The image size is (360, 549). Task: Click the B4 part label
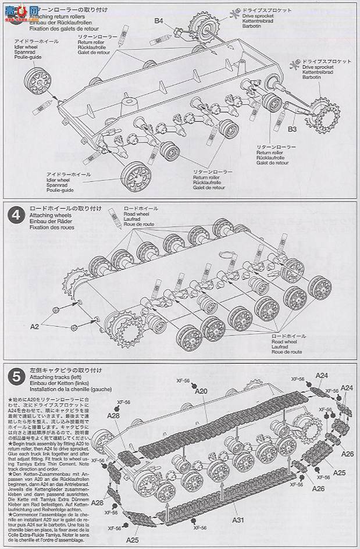[x=159, y=22]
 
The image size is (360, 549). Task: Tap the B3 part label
[x=293, y=129]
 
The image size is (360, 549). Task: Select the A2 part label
[x=35, y=327]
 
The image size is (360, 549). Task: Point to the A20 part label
[x=201, y=391]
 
